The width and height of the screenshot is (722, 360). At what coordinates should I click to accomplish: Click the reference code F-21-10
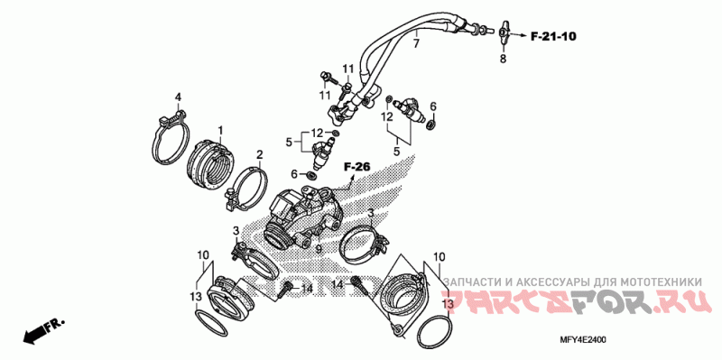(x=553, y=36)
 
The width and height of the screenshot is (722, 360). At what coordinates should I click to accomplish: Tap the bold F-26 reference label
(x=356, y=168)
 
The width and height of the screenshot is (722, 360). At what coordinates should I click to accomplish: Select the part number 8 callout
(x=503, y=59)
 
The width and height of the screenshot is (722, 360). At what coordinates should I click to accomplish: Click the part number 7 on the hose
(x=416, y=44)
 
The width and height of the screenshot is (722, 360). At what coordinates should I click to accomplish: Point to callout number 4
(x=178, y=97)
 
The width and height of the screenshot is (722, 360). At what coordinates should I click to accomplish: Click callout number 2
(x=260, y=154)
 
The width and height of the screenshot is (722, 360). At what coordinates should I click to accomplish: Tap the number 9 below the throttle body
(x=318, y=250)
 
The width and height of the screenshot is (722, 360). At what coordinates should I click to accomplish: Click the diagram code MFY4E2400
(x=583, y=340)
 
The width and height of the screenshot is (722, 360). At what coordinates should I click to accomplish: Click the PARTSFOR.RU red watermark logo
(x=573, y=301)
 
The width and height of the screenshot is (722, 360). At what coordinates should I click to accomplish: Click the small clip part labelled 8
(x=503, y=32)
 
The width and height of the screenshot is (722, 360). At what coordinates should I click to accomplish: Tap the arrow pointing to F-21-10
(x=517, y=35)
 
